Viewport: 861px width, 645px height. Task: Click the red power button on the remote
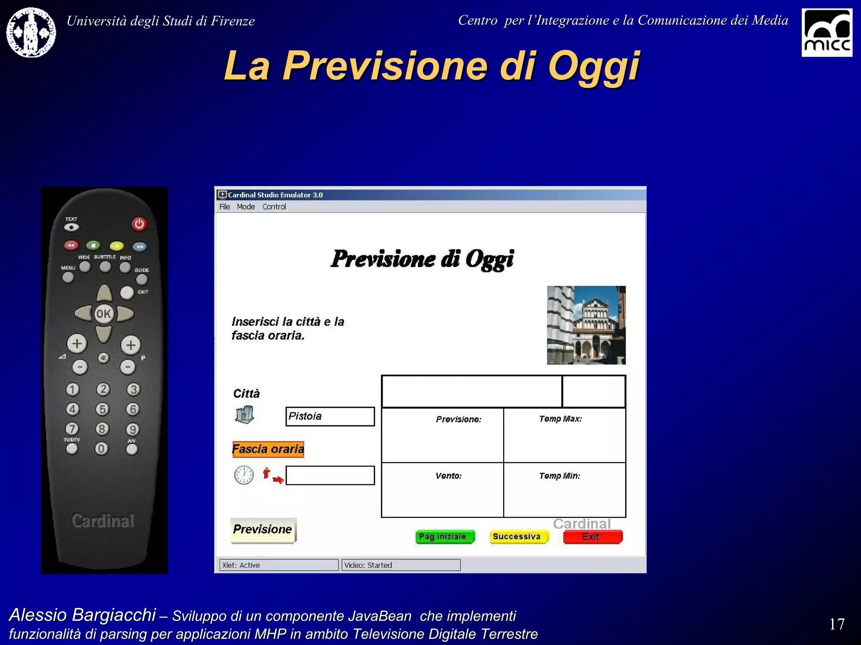point(139,224)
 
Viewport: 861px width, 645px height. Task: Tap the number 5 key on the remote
point(102,409)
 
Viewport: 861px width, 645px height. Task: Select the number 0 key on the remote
point(101,448)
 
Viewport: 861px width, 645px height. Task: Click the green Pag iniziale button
point(444,537)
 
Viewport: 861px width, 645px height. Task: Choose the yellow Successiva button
point(518,537)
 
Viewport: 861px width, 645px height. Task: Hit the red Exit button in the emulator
point(592,537)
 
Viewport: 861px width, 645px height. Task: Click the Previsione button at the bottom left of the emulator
point(263,530)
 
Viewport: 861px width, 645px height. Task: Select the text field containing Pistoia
point(330,416)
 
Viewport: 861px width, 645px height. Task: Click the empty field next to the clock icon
point(330,475)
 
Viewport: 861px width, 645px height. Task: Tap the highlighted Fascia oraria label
point(268,449)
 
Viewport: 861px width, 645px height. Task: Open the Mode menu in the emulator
point(246,207)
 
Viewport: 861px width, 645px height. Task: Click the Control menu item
point(274,207)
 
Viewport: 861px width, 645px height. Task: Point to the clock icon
point(244,475)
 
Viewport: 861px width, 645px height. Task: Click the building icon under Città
point(244,415)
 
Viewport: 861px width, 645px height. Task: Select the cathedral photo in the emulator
point(586,325)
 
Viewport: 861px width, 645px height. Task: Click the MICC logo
point(827,32)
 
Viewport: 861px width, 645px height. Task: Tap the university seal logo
point(31,32)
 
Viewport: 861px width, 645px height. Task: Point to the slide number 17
point(837,624)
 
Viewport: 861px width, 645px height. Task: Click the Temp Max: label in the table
point(560,419)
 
